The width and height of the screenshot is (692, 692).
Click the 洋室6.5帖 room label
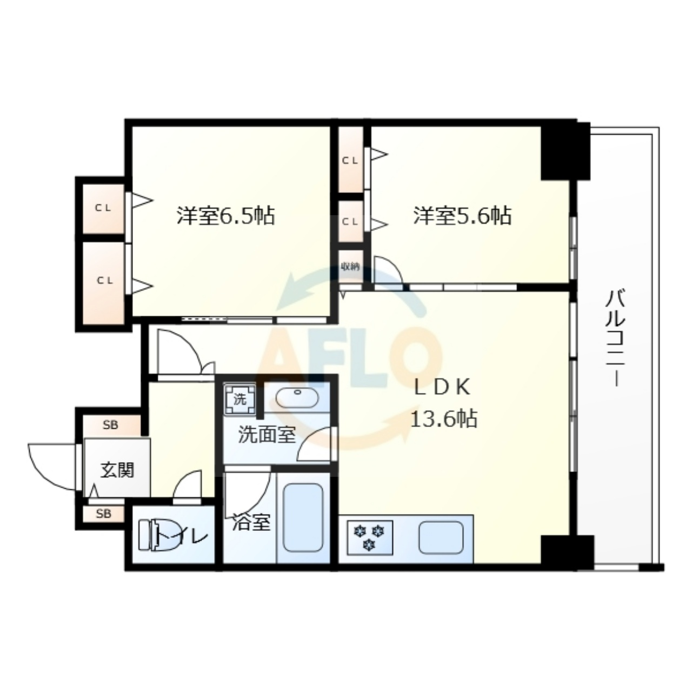point(225,216)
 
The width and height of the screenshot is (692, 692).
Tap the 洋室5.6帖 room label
point(462,216)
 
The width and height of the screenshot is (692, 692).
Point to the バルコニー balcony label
point(615,339)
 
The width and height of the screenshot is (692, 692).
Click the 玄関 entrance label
point(117,470)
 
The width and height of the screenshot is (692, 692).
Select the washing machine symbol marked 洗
point(240,400)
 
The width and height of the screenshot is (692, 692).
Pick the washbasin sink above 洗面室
point(297,398)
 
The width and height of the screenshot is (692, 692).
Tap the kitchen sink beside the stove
point(441,537)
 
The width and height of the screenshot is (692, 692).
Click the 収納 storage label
point(350,267)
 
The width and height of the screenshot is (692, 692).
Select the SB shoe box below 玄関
point(104,514)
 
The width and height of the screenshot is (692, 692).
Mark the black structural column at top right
point(565,151)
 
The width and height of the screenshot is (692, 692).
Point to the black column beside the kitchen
point(567,553)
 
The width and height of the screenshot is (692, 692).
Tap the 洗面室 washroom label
point(267,435)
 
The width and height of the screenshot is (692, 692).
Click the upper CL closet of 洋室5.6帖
point(351,160)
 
